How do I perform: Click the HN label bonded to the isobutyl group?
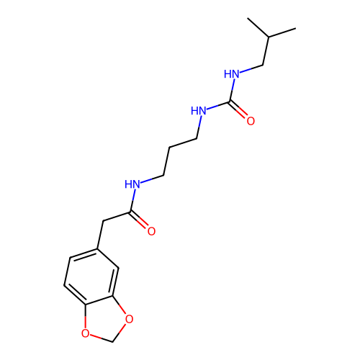tap(232, 74)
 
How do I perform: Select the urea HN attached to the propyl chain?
tap(199, 111)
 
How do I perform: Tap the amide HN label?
tap(132, 184)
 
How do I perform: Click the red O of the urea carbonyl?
tap(251, 120)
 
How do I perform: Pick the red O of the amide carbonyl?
tap(151, 231)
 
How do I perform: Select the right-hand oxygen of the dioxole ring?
tap(129, 319)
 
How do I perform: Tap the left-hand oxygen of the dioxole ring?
tap(85, 333)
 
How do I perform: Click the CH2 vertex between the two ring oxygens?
tap(112, 342)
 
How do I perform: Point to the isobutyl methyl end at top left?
tap(248, 18)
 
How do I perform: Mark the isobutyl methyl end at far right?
tap(295, 29)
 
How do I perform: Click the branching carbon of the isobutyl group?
tap(269, 37)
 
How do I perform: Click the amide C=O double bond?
tap(139, 220)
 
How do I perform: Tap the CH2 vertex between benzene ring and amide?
tap(103, 220)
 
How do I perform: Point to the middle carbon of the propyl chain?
tap(169, 147)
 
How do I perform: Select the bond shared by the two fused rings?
tap(99, 301)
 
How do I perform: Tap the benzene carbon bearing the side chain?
tap(97, 248)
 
